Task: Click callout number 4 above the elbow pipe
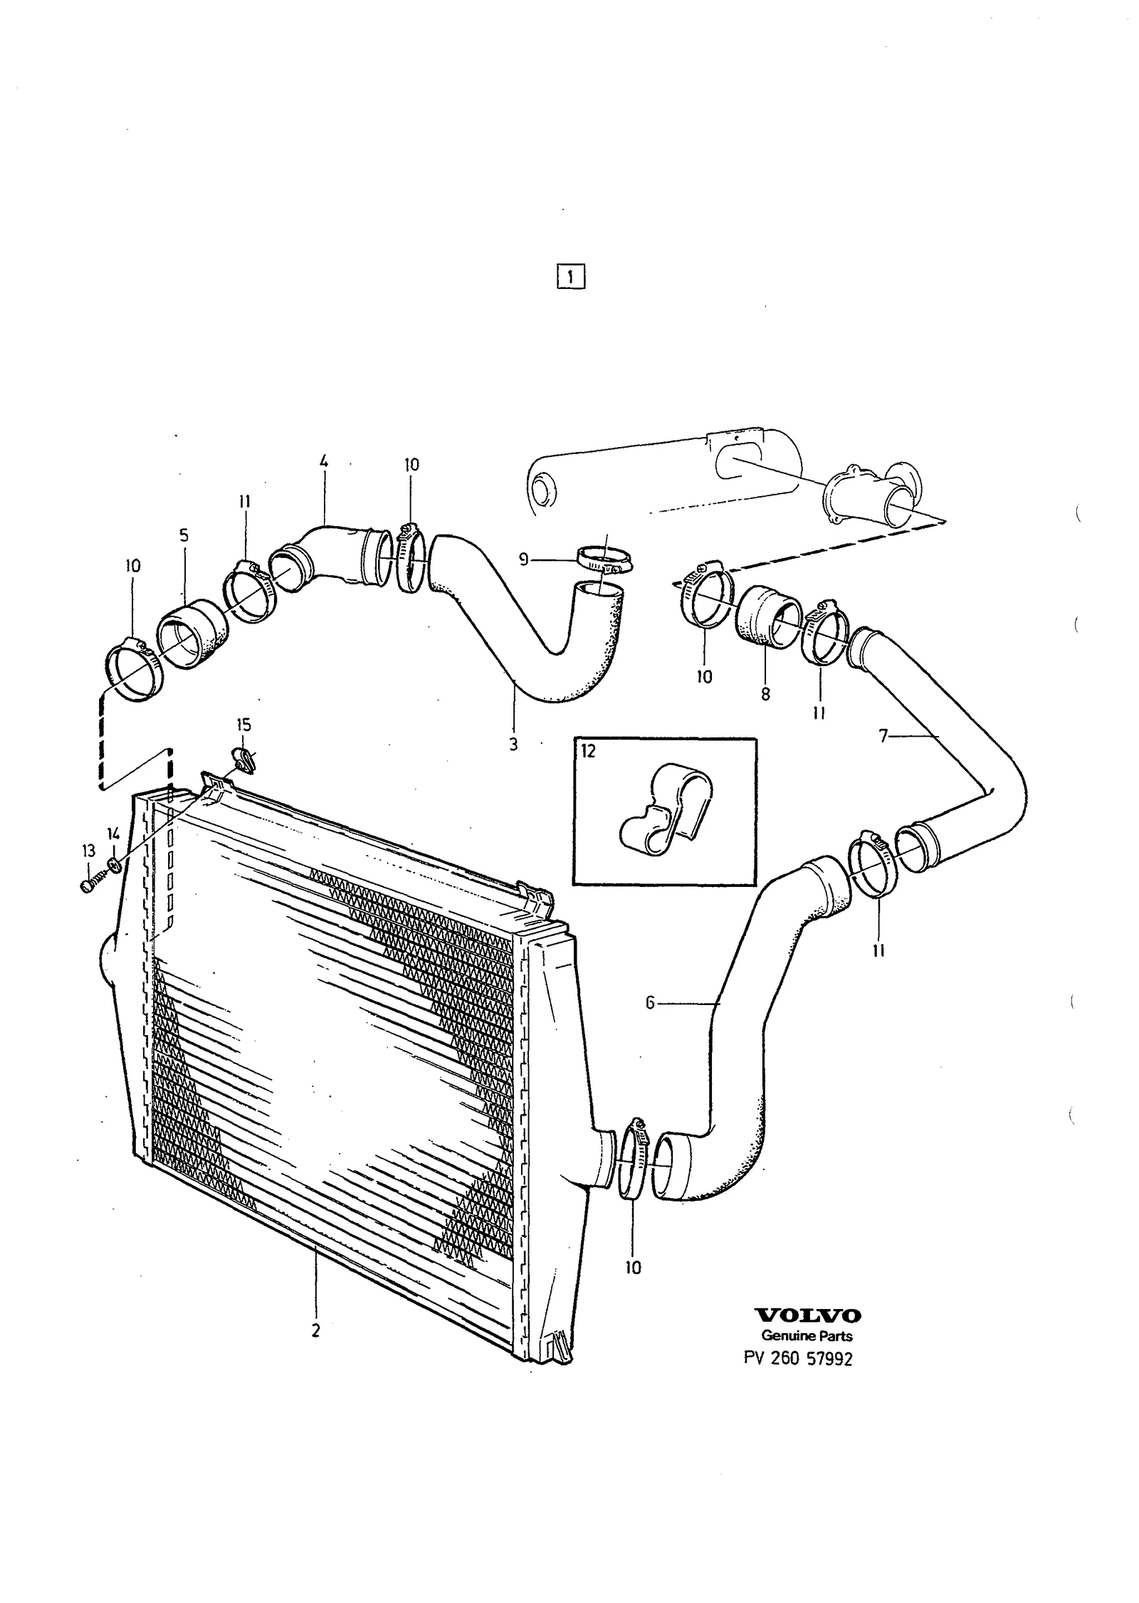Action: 324,462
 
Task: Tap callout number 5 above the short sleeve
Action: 184,536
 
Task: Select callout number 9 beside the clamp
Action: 524,560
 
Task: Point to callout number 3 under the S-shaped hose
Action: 513,745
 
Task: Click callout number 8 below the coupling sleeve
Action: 765,694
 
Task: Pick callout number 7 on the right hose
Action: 883,737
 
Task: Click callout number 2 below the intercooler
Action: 315,1330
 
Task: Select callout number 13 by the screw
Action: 88,851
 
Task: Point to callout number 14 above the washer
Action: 114,832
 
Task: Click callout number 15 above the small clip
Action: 243,725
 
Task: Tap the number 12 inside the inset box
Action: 587,751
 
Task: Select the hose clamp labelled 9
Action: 605,561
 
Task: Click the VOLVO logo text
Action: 807,1315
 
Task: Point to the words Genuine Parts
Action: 807,1336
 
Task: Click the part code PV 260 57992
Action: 798,1358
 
